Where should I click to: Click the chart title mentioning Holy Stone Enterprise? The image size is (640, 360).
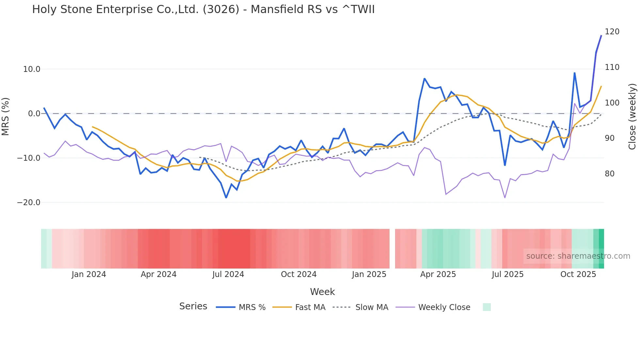point(203,9)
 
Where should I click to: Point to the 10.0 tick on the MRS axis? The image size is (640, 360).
point(32,69)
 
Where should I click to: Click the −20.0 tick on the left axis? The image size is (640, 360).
point(29,203)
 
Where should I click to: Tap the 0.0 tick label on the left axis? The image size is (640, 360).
point(34,114)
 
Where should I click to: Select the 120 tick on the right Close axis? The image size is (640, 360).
point(612,32)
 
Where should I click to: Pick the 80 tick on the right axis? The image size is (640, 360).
point(609,174)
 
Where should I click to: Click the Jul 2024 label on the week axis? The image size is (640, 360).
point(228,274)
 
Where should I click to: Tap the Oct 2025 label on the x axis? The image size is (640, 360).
point(578,274)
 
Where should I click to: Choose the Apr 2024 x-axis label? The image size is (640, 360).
point(158,274)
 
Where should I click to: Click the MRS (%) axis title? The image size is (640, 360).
point(6,117)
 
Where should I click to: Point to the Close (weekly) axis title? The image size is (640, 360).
point(632,117)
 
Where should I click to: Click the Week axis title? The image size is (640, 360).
point(322,292)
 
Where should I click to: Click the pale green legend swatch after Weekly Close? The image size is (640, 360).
point(487,307)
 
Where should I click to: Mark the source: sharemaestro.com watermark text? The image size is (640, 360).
point(578,256)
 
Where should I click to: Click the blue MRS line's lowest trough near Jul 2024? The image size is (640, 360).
point(226,198)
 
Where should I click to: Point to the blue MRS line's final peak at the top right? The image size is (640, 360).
point(601,36)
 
